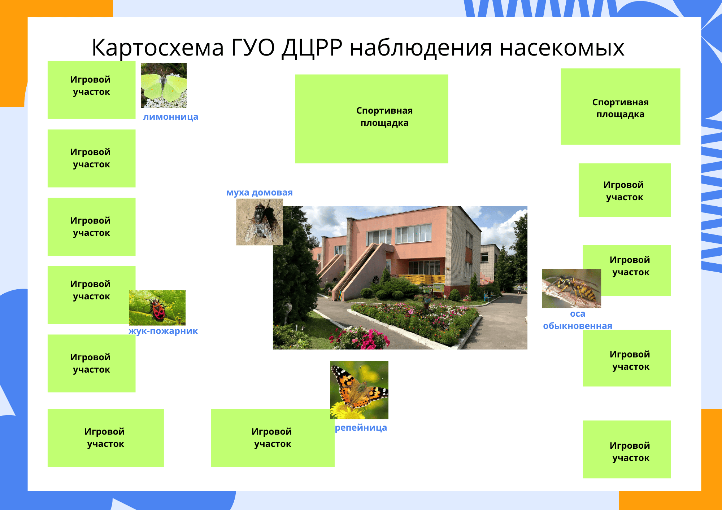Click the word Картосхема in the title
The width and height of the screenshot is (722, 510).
pyautogui.click(x=158, y=48)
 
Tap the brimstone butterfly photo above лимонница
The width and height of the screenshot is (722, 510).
pyautogui.click(x=164, y=85)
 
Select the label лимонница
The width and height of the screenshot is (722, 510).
pyautogui.click(x=170, y=117)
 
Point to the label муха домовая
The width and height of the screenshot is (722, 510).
pyautogui.click(x=259, y=193)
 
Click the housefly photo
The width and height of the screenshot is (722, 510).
pyautogui.click(x=259, y=222)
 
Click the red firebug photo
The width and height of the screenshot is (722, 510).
pyautogui.click(x=157, y=308)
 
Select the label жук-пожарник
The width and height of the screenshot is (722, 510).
pyautogui.click(x=163, y=331)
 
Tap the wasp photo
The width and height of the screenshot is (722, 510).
pyautogui.click(x=571, y=288)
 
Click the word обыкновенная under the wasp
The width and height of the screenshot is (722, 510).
pyautogui.click(x=578, y=326)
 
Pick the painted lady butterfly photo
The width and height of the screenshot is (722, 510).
pyautogui.click(x=359, y=390)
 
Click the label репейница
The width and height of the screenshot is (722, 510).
pyautogui.click(x=361, y=428)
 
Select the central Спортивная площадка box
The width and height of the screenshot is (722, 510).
pyautogui.click(x=371, y=119)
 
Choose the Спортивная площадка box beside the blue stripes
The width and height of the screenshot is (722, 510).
pyautogui.click(x=620, y=106)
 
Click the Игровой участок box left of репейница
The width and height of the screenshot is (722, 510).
pyautogui.click(x=273, y=438)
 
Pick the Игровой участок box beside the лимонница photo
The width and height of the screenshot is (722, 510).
pyautogui.click(x=91, y=90)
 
